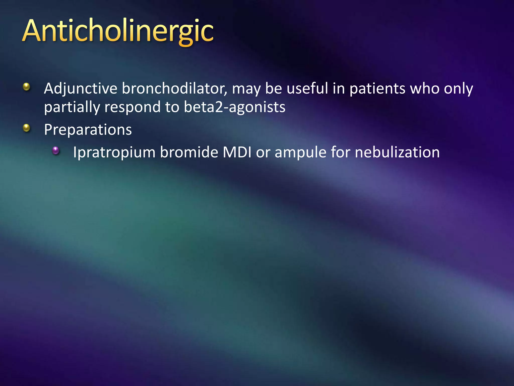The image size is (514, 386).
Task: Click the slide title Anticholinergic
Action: [118, 31]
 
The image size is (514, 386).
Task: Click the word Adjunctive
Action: [81, 89]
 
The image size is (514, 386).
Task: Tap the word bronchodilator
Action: [174, 89]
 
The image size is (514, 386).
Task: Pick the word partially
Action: [72, 107]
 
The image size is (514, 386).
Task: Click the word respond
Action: [133, 107]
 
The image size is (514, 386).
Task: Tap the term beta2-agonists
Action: [234, 107]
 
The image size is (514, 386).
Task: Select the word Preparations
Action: [88, 130]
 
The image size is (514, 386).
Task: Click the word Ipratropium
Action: [114, 153]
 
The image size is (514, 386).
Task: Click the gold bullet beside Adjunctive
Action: [26, 87]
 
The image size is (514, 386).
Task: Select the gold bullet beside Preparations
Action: [26, 128]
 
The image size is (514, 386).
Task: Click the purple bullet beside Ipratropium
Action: [55, 151]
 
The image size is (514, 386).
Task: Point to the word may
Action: [246, 89]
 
